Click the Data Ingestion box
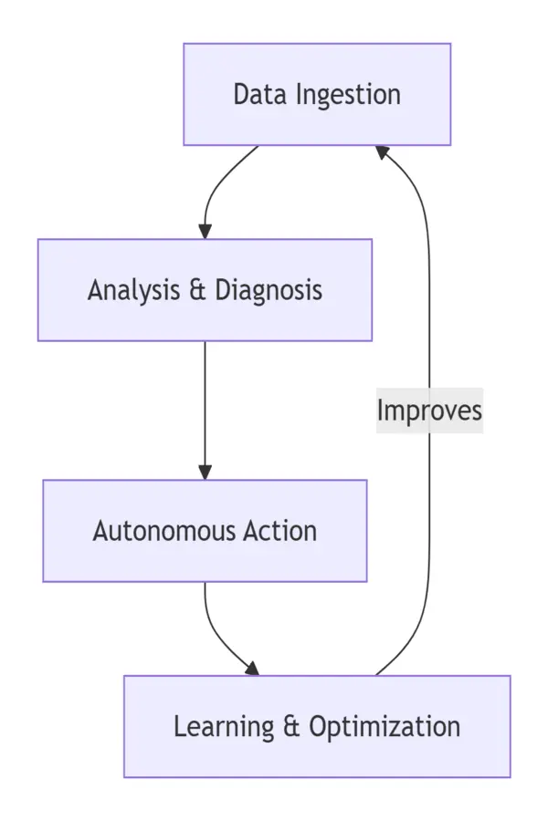(317, 94)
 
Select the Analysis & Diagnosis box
(205, 290)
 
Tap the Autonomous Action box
(205, 531)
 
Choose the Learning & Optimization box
(317, 726)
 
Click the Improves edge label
(429, 410)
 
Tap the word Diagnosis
(269, 290)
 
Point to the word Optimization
(385, 727)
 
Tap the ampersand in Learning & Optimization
(291, 727)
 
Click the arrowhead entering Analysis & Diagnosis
(205, 231)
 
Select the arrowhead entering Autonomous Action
(205, 472)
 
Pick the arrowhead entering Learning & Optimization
(251, 669)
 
